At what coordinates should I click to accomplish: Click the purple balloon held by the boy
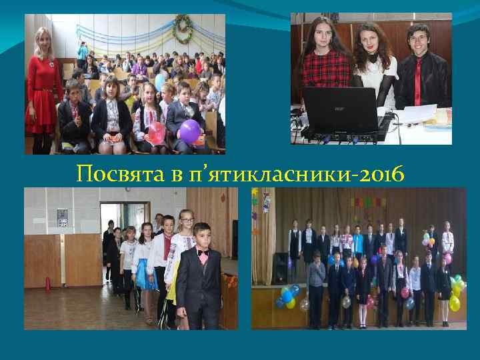coord(191,131)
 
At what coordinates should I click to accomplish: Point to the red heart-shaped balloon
coord(155,132)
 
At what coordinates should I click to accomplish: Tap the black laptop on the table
coord(341,113)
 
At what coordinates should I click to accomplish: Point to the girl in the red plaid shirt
coord(325,63)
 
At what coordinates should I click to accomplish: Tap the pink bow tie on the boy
coord(202,253)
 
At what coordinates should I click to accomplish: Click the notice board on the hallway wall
coord(62,217)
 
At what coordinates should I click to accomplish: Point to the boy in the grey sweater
coord(317,277)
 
